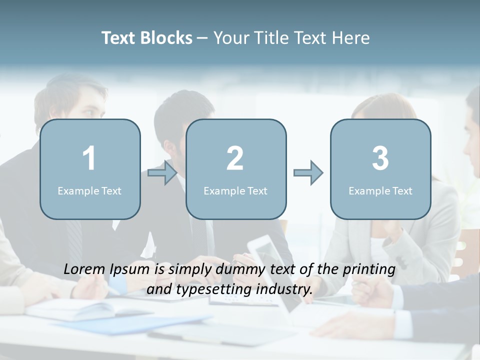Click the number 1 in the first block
click(x=89, y=158)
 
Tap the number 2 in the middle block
click(x=235, y=158)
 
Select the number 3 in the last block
click(x=380, y=158)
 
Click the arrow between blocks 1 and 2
click(x=163, y=173)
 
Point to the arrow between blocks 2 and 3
click(x=308, y=173)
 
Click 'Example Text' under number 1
click(x=89, y=190)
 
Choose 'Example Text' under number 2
click(x=235, y=190)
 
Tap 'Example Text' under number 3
click(x=380, y=190)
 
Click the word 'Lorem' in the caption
click(x=85, y=269)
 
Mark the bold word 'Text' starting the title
click(x=119, y=38)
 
